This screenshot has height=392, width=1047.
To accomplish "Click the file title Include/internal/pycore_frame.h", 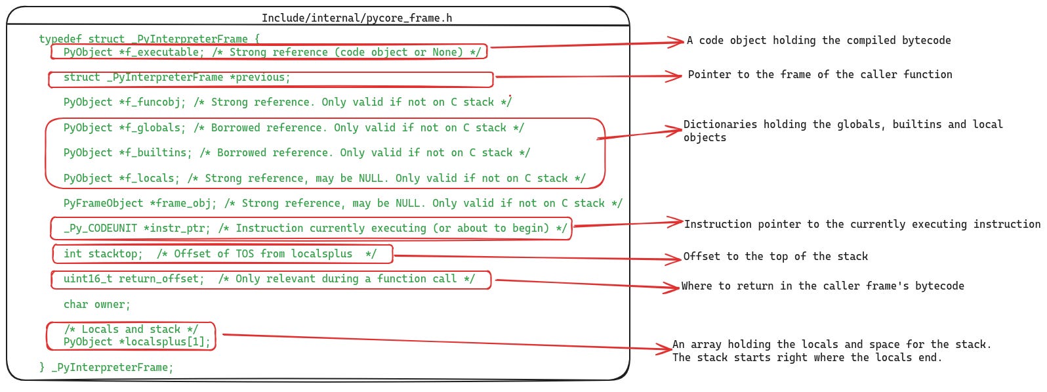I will pyautogui.click(x=356, y=18).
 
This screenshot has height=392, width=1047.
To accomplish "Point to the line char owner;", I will pyautogui.click(x=96, y=305).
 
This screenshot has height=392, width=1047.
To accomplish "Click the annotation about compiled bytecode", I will pyautogui.click(x=818, y=41).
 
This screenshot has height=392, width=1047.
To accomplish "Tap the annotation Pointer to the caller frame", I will pyautogui.click(x=819, y=75).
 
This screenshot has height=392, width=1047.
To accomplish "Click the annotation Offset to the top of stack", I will pyautogui.click(x=775, y=257).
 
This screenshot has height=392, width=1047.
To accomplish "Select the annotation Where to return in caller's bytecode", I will pyautogui.click(x=822, y=286).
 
